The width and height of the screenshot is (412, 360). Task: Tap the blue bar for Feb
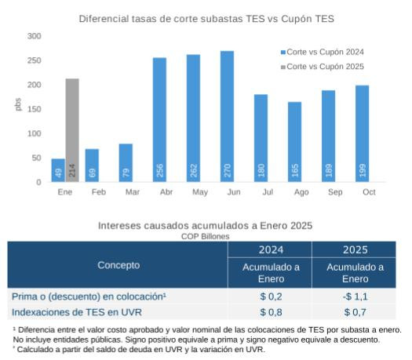click(92, 165)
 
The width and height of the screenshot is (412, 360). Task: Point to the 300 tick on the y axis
click(34, 36)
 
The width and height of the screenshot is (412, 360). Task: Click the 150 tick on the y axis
click(34, 109)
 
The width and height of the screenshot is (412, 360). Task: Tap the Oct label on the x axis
click(362, 191)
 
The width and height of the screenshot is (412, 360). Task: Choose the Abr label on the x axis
click(159, 191)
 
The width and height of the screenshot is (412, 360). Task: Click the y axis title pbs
click(18, 104)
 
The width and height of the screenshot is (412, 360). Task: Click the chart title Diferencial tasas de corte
click(206, 17)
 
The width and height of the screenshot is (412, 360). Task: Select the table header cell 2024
click(270, 249)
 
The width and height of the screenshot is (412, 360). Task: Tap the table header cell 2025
click(355, 249)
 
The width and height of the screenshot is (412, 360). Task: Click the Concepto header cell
click(118, 265)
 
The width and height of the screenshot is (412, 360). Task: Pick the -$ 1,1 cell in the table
click(355, 296)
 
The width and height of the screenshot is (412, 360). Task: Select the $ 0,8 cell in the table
click(270, 312)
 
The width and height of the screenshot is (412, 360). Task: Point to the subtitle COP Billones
click(206, 235)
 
